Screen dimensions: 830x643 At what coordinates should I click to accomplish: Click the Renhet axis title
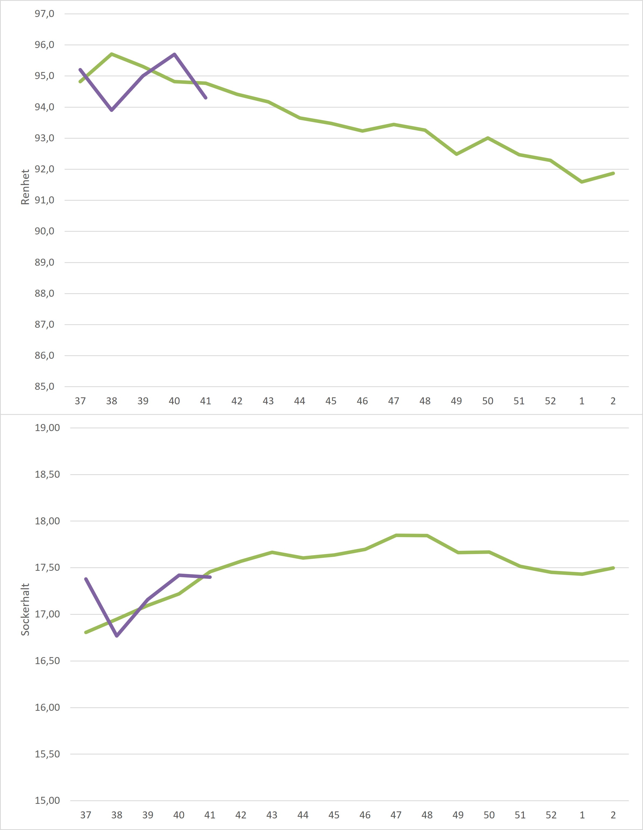[x=25, y=187]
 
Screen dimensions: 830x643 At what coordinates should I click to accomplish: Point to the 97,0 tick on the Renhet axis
[x=45, y=14]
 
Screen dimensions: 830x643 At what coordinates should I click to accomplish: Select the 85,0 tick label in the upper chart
[x=45, y=387]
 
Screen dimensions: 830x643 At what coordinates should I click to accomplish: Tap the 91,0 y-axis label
[x=45, y=200]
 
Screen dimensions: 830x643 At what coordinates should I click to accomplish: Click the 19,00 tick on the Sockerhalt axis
[x=47, y=428]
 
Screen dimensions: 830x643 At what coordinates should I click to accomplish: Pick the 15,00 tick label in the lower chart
[x=47, y=801]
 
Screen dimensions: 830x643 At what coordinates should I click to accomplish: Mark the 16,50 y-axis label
[x=47, y=661]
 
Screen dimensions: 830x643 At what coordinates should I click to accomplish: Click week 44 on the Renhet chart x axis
[x=299, y=401]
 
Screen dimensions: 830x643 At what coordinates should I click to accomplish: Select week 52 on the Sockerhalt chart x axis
[x=551, y=815]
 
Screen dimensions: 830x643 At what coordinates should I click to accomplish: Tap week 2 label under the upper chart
[x=613, y=401]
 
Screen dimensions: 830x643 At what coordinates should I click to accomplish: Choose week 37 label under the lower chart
[x=85, y=815]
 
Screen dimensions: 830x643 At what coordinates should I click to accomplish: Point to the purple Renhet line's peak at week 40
[x=175, y=54]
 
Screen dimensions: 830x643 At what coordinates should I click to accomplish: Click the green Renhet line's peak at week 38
[x=112, y=54]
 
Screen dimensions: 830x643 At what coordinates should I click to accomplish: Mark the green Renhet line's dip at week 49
[x=456, y=154]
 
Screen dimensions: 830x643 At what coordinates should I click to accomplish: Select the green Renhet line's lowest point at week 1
[x=582, y=182]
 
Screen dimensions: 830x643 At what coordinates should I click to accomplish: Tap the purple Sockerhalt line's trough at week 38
[x=117, y=636]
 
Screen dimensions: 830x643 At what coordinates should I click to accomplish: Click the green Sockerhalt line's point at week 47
[x=396, y=535]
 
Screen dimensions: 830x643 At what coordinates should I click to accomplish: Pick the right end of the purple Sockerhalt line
[x=210, y=577]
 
